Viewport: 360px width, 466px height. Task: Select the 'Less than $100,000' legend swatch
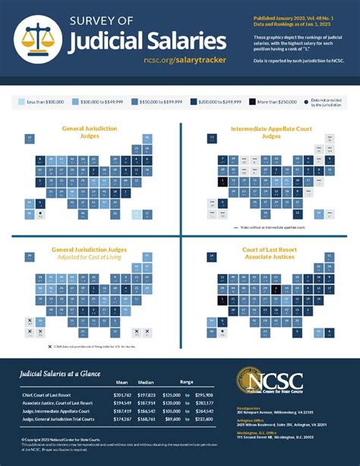20,100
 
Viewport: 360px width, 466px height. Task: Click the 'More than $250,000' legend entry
273,100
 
